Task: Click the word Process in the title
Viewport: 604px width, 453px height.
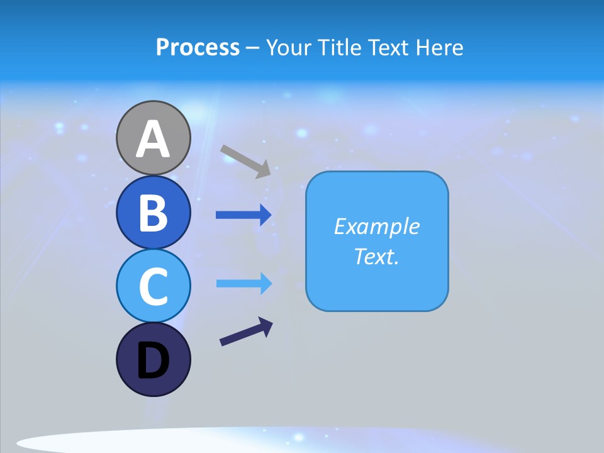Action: [x=198, y=47]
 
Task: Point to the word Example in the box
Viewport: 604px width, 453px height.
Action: [x=376, y=226]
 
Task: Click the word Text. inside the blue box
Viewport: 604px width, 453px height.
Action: [x=376, y=256]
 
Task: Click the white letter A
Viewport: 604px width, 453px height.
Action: [x=153, y=139]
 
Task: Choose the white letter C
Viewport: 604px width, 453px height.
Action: [x=153, y=286]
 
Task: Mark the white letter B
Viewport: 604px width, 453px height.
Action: [x=153, y=213]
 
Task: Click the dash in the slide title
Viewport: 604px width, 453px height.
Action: [x=252, y=48]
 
